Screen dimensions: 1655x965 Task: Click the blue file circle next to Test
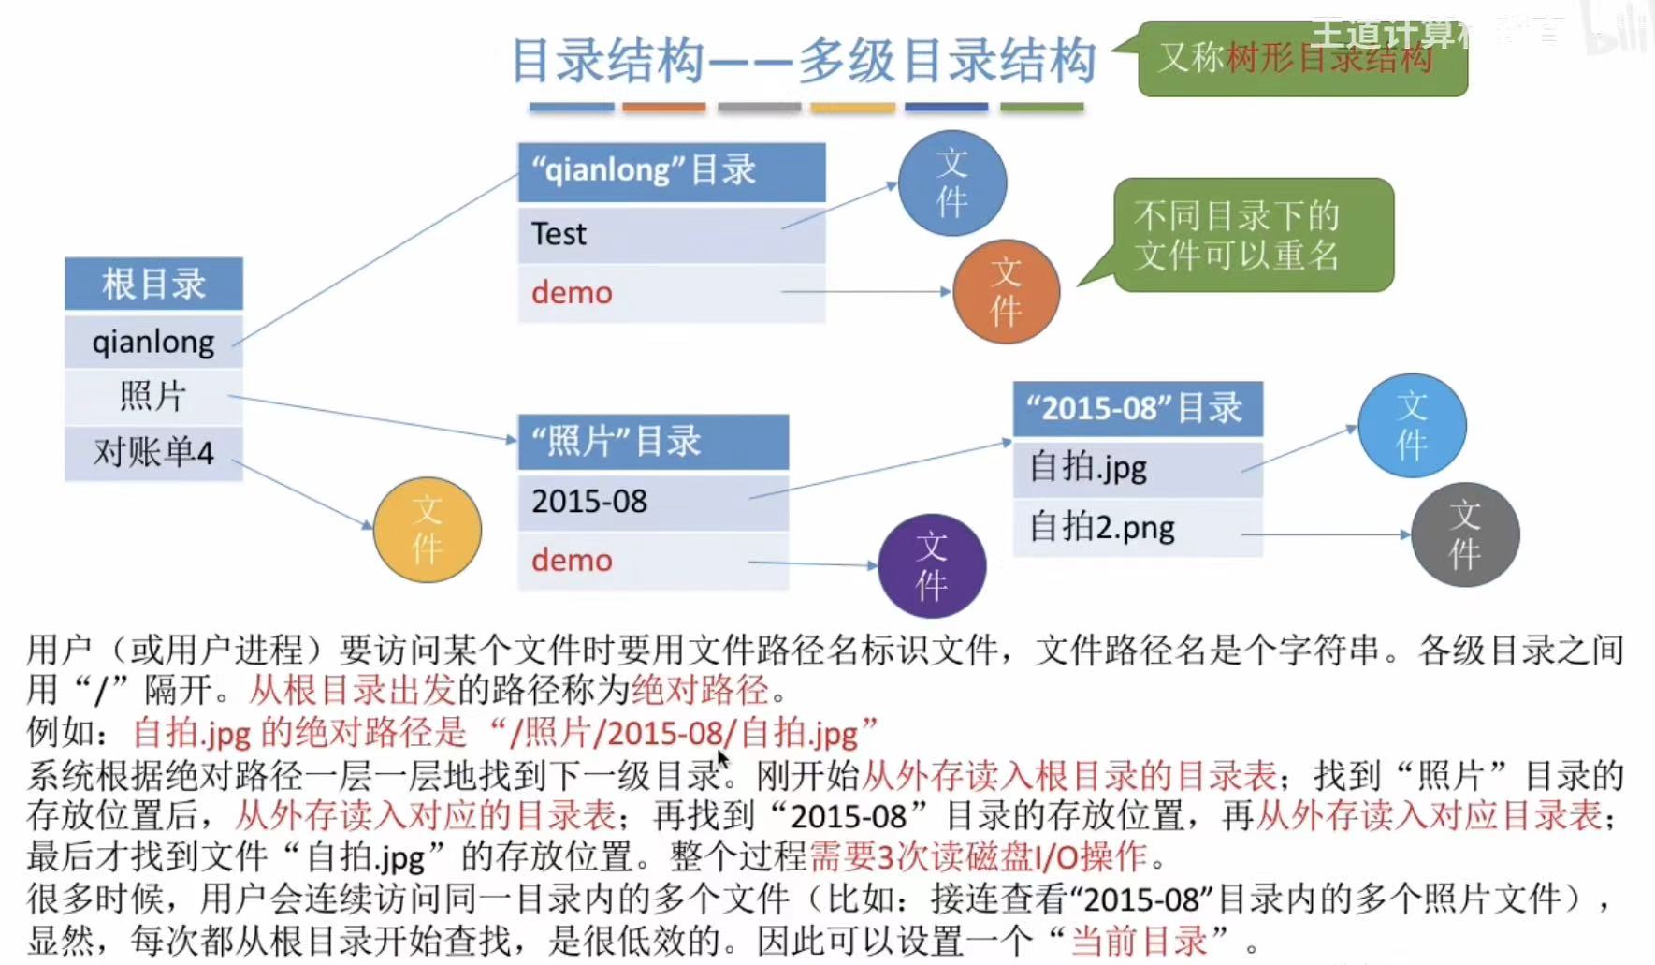coord(951,183)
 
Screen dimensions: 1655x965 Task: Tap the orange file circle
coord(1006,291)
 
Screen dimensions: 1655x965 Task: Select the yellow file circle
coord(428,530)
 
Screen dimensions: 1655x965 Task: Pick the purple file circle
coord(932,566)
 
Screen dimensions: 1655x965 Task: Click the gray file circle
coord(1465,534)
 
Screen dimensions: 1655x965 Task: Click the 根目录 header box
coord(153,284)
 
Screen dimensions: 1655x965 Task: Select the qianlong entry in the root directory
coord(153,342)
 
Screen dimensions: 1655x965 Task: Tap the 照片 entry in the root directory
coord(153,396)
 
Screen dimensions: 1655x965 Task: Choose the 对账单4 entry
coord(153,453)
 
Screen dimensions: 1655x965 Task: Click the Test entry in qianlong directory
coord(671,234)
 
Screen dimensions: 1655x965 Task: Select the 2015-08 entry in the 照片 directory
coord(652,502)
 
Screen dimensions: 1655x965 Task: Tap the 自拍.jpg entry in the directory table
coord(1137,467)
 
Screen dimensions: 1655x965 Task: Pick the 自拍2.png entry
coord(1137,528)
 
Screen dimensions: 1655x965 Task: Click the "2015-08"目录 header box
coord(1137,409)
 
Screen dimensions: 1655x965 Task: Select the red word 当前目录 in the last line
coord(1139,941)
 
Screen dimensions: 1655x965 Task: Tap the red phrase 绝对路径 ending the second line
coord(700,691)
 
